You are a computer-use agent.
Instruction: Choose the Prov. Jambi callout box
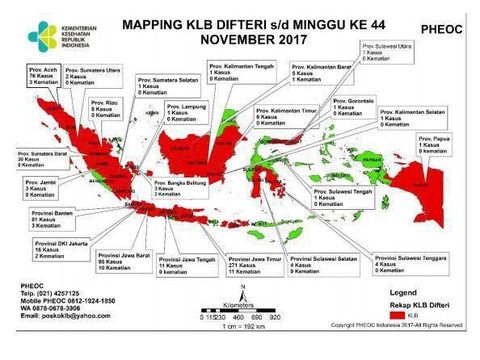[x=37, y=188]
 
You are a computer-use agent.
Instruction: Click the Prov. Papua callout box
[x=438, y=144]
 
